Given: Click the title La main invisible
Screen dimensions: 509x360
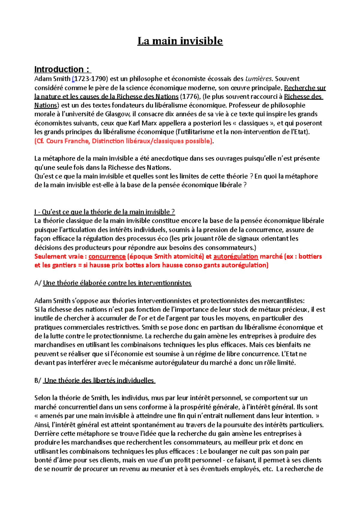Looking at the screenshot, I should click(180, 41).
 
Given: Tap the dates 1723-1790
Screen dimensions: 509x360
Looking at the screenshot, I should click(90, 79).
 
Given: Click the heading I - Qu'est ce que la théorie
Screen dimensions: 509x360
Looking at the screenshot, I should click(104, 212).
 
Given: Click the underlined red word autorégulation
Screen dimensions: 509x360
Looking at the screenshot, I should click(235, 256).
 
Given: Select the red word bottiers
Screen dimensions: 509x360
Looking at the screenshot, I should click(310, 256).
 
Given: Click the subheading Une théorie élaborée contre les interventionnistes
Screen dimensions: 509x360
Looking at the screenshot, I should click(117, 283).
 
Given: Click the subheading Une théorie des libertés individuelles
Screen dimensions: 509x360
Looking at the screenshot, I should click(99, 380).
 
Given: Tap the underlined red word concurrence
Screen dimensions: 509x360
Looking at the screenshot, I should click(107, 256).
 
